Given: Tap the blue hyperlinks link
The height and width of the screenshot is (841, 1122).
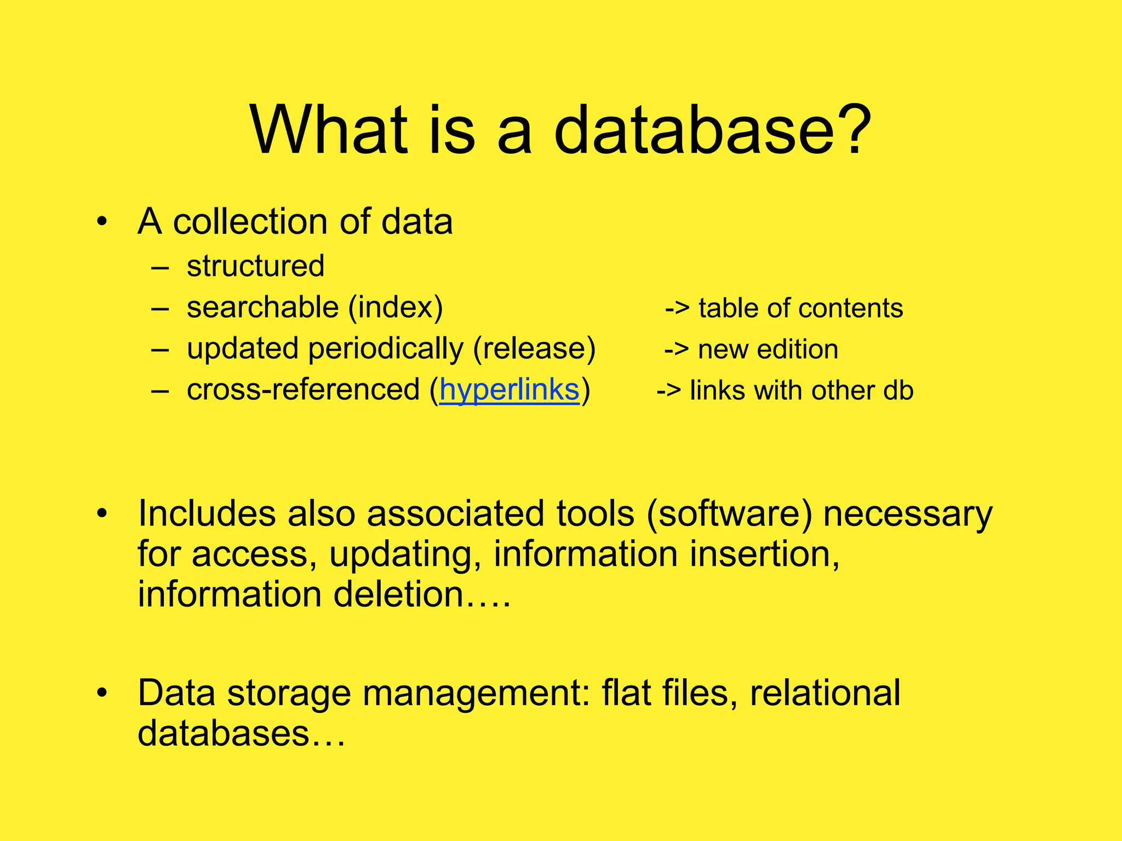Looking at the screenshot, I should [x=509, y=390].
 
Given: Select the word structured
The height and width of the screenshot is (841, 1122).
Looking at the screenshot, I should [x=255, y=266].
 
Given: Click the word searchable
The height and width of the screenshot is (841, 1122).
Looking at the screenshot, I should [x=262, y=307].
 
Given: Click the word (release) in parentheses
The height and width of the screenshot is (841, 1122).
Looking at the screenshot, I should [x=534, y=349].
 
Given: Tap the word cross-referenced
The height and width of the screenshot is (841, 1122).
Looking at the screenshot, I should [x=302, y=390].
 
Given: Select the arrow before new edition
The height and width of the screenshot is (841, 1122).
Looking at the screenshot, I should [x=676, y=349].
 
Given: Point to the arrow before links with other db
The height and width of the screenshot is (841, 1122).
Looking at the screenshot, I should [x=668, y=390].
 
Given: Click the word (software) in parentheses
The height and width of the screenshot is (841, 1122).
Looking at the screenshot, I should [x=729, y=514].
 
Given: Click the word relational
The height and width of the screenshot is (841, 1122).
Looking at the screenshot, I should [x=825, y=693].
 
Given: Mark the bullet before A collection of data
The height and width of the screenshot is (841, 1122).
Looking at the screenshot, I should [x=101, y=222].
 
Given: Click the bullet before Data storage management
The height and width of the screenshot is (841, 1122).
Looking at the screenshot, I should [x=101, y=693].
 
